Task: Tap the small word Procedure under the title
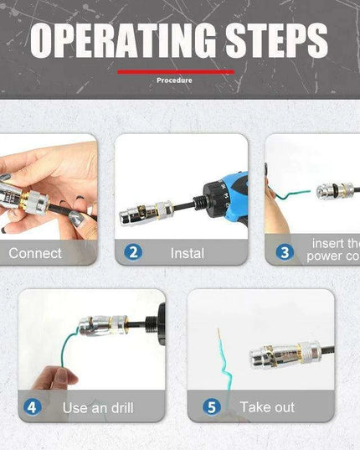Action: tap(174, 80)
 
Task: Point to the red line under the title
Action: tap(175, 72)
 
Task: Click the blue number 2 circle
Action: tap(133, 251)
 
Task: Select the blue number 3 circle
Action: tap(285, 251)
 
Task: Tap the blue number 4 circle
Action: tap(33, 407)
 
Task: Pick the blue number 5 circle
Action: tap(210, 407)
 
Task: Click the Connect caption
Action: tap(35, 252)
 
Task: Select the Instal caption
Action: tap(187, 252)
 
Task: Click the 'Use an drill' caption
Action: tap(98, 408)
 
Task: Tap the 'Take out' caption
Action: tap(267, 407)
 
